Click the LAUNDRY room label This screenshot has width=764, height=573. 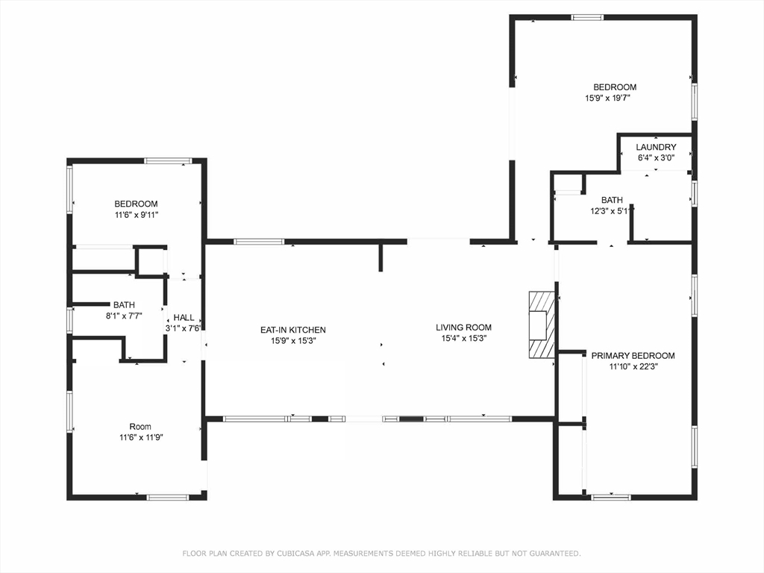click(657, 148)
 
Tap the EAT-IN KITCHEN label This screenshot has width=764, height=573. click(292, 330)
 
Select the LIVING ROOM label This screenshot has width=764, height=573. click(463, 328)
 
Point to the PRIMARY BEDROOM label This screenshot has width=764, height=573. click(633, 356)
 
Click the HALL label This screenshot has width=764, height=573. click(184, 318)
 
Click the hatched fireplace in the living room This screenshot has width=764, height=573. click(542, 325)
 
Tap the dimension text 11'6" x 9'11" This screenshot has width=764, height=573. click(136, 215)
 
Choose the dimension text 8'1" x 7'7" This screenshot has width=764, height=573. click(123, 316)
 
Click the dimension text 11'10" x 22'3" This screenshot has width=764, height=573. click(633, 366)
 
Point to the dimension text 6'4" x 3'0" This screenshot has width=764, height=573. click(657, 158)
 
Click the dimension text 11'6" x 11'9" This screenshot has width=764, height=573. click(140, 437)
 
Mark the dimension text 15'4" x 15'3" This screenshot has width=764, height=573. click(463, 338)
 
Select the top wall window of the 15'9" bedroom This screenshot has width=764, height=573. click(587, 17)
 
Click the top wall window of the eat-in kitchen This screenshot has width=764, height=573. click(259, 241)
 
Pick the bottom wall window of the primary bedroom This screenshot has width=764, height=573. click(610, 497)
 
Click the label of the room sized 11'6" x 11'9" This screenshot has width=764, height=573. click(140, 427)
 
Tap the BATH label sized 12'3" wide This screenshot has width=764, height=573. click(612, 200)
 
